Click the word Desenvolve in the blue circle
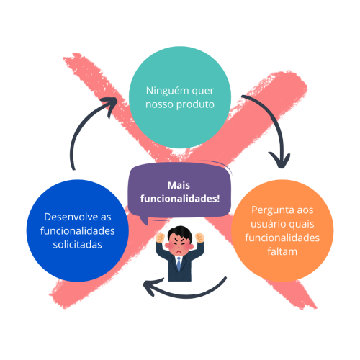coord(62,216)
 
